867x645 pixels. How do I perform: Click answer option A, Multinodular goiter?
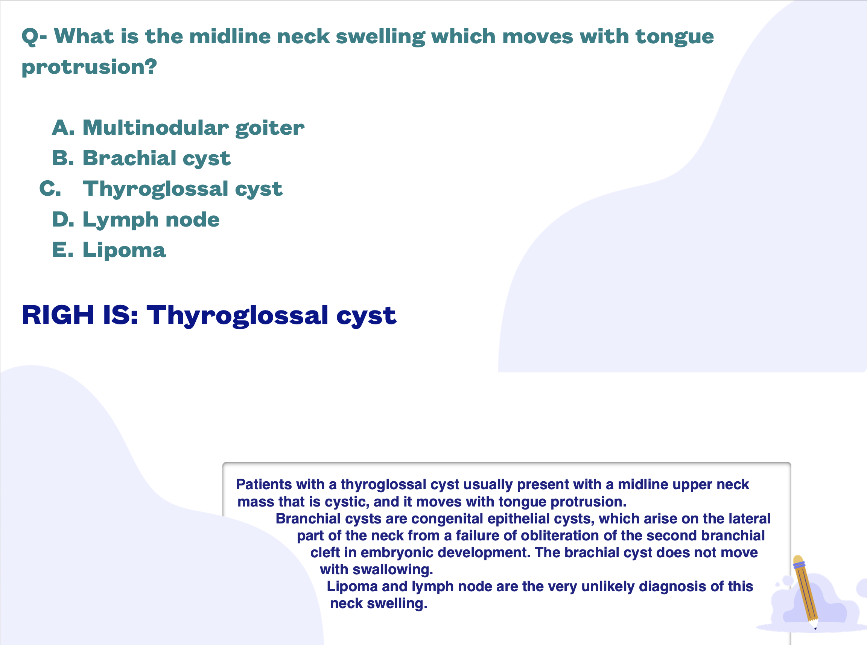178,128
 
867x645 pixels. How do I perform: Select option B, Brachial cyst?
141,158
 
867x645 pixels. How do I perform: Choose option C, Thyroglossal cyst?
161,189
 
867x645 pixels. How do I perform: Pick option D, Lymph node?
136,219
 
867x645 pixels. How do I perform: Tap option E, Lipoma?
109,250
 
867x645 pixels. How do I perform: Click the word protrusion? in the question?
89,67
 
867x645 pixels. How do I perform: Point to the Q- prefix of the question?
34,37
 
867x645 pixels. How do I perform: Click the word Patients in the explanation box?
264,484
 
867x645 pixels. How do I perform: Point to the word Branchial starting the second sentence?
309,519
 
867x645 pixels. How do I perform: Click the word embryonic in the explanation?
397,553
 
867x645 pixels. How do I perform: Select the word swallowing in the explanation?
393,570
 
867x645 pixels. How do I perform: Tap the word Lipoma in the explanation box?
352,587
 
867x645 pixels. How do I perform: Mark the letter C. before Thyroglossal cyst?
50,189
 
